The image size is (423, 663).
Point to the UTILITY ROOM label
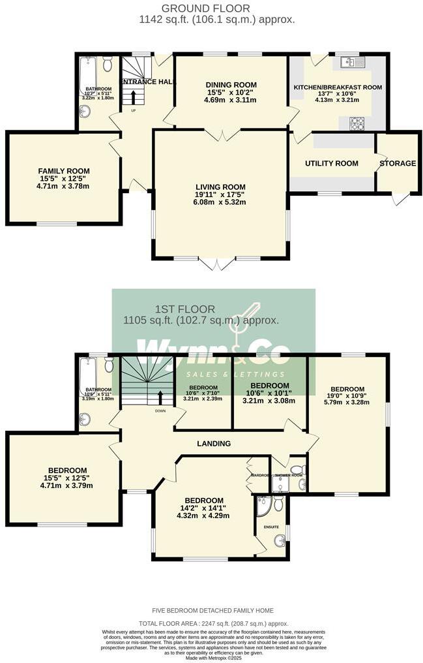[333, 163]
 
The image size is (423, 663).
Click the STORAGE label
[398, 163]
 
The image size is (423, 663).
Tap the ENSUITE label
[271, 526]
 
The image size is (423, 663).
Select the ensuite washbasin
[280, 540]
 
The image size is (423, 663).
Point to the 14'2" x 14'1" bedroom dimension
[206, 509]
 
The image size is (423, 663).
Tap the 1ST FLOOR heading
[178, 309]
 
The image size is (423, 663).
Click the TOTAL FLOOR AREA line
[213, 624]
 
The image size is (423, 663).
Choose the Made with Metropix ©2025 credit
[212, 656]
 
